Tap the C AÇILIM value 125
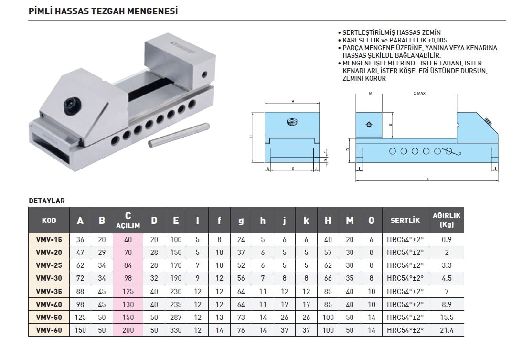click(x=128, y=291)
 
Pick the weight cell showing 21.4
click(x=447, y=330)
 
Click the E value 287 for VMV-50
click(x=176, y=317)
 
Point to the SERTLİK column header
click(x=405, y=221)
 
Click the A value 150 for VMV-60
click(x=80, y=330)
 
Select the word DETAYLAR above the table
click(x=47, y=201)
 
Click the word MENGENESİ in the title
click(x=153, y=11)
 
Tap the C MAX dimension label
click(x=419, y=94)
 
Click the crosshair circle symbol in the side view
click(x=368, y=125)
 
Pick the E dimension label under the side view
click(x=428, y=179)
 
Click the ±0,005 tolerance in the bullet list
click(x=434, y=41)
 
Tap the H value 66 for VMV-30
click(x=328, y=278)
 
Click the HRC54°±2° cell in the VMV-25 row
click(x=405, y=265)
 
